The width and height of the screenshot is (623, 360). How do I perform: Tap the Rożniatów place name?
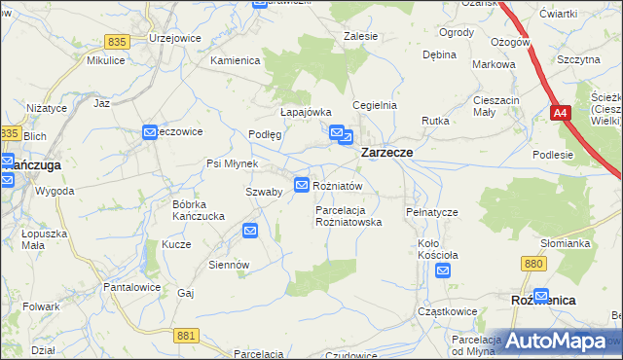click(x=338, y=185)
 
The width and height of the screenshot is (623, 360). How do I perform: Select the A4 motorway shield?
click(x=560, y=114)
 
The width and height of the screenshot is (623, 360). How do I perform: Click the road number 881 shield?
click(x=189, y=335)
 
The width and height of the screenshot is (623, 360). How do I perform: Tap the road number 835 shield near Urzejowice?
click(x=117, y=42)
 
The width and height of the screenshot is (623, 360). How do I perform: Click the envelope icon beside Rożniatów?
click(x=303, y=184)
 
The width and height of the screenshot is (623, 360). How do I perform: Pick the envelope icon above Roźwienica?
click(x=541, y=295)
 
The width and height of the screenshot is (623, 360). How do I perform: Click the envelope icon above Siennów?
click(x=250, y=231)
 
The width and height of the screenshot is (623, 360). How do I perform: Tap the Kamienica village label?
click(x=236, y=60)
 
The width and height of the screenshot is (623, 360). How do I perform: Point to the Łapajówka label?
click(x=307, y=112)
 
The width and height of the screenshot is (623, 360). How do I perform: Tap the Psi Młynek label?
click(x=231, y=163)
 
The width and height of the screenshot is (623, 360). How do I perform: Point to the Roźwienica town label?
click(x=542, y=302)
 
